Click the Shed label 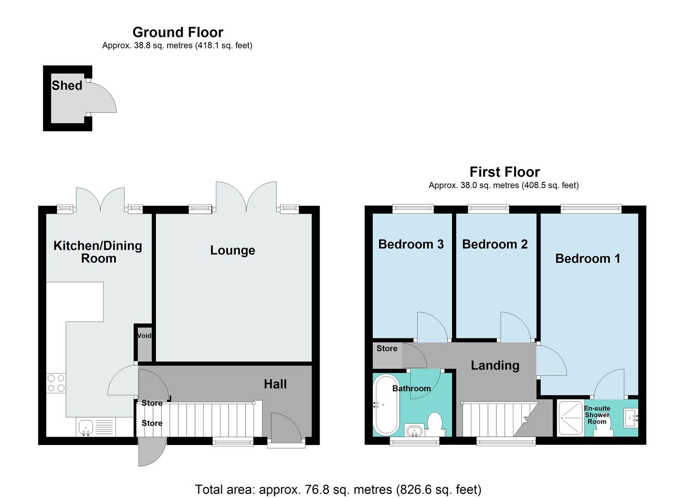click(67, 85)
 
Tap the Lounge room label click(232, 250)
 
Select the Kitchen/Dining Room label click(98, 252)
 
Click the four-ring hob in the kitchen click(56, 383)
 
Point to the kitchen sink click(85, 427)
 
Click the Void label click(144, 336)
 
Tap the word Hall click(275, 384)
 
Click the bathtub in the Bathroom click(387, 405)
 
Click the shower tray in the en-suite click(570, 418)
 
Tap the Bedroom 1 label click(587, 259)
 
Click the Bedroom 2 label click(494, 244)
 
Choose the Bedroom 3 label click(411, 244)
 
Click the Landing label click(494, 366)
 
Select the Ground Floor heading click(178, 32)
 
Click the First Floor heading click(504, 172)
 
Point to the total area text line click(338, 489)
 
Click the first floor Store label click(387, 349)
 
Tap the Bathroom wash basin click(414, 431)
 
